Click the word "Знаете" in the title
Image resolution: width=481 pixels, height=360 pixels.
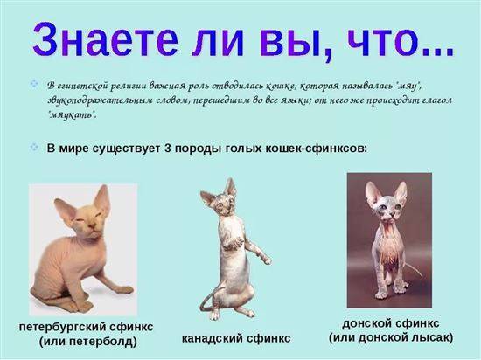(x=105, y=40)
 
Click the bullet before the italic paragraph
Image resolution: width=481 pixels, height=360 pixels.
(x=34, y=83)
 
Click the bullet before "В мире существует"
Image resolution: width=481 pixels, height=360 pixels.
(x=34, y=147)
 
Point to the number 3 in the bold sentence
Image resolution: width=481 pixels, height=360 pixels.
(x=168, y=149)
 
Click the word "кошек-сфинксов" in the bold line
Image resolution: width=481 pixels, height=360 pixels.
(x=316, y=149)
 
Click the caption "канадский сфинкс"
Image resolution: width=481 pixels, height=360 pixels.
(x=236, y=338)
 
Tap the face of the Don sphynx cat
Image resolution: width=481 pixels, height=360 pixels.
(x=387, y=211)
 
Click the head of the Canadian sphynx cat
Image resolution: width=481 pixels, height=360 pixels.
(x=223, y=201)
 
